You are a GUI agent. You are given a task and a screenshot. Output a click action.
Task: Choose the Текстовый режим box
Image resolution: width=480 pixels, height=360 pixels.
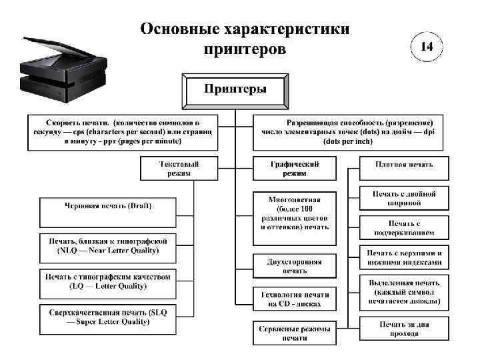coord(179,167)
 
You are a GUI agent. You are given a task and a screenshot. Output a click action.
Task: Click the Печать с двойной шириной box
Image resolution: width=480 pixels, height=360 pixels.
coord(404,198)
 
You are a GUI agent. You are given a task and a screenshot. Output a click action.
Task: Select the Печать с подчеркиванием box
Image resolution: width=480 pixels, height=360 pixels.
coord(404,228)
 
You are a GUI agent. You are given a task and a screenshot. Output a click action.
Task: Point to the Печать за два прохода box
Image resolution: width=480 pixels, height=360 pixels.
coord(404,329)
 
